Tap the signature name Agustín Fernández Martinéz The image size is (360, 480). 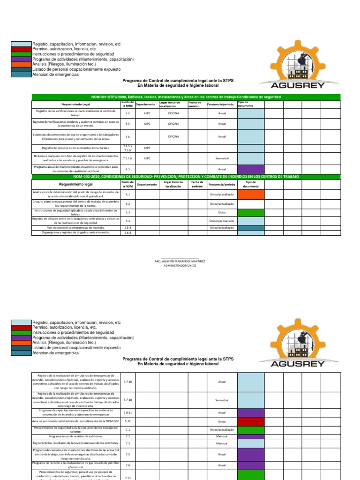tap(180, 261)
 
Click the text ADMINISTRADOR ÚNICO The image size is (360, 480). tap(180, 265)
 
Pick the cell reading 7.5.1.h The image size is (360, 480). tap(127, 158)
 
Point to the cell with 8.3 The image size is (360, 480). tap(127, 169)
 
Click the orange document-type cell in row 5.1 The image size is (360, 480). tap(251, 194)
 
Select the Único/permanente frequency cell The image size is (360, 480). tap(222, 220)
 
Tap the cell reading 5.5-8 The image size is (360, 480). tap(127, 227)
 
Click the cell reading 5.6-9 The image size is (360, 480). tap(127, 232)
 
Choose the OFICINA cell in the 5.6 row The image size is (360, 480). tap(173, 136)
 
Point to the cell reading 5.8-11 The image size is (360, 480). tap(127, 412)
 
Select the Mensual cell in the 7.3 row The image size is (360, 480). tap(222, 443)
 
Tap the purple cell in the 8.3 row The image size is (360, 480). tap(251, 169)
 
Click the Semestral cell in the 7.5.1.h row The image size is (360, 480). tap(222, 158)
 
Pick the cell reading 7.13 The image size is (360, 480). tap(127, 478)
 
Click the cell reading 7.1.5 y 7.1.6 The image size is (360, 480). tap(127, 148)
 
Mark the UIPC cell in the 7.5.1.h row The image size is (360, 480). tap(147, 158)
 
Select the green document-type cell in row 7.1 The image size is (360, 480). tap(251, 429)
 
